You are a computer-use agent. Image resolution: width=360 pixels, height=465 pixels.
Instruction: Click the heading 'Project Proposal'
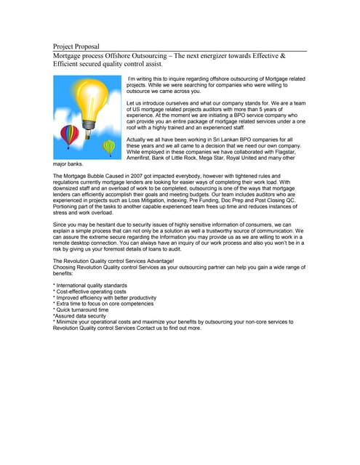(76, 46)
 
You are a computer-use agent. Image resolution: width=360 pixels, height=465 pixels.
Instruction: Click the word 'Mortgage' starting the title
(71, 55)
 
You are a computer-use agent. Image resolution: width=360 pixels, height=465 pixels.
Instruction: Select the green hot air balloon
(109, 147)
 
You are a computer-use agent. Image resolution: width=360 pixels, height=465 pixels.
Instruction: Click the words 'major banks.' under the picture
(68, 163)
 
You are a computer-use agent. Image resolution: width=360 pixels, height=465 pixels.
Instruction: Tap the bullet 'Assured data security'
(81, 315)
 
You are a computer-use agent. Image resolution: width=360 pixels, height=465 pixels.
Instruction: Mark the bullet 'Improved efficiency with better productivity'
(105, 297)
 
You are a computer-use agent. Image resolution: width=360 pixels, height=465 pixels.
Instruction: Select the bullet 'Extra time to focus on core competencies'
(104, 304)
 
